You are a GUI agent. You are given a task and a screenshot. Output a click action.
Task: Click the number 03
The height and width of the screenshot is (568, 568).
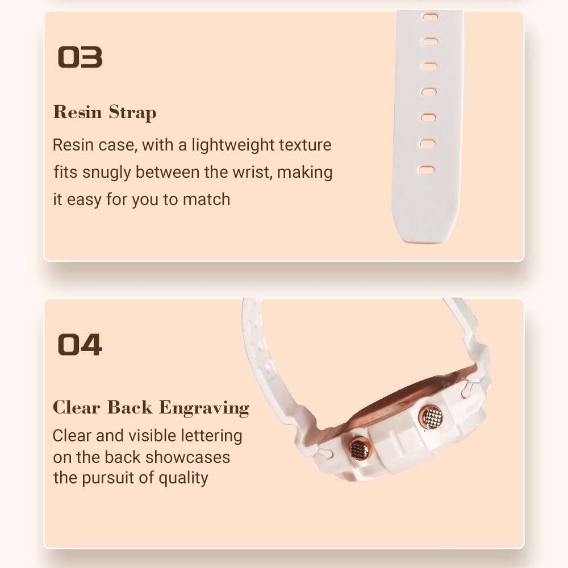80,57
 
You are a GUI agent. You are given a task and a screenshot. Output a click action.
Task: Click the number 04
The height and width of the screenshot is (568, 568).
80,345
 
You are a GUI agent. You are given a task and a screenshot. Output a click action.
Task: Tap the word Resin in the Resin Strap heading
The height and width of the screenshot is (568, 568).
77,111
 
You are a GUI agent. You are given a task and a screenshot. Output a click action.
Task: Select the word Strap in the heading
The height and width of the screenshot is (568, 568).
132,112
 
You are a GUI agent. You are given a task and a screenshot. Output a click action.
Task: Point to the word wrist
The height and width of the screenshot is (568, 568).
252,172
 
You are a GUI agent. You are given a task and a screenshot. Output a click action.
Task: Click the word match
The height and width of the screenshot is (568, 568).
207,199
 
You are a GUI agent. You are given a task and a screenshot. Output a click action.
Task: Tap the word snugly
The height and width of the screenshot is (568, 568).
107,173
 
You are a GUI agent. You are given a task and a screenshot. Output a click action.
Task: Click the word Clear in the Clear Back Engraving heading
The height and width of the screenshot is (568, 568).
77,407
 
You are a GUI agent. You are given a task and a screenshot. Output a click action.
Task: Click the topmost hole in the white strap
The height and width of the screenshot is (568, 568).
429,17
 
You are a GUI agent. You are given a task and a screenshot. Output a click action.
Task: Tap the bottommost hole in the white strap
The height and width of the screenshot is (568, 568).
427,170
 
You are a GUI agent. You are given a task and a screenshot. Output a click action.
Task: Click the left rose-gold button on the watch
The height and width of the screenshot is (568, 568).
360,449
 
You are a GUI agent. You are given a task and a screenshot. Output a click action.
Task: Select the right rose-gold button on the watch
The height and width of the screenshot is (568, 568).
431,417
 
